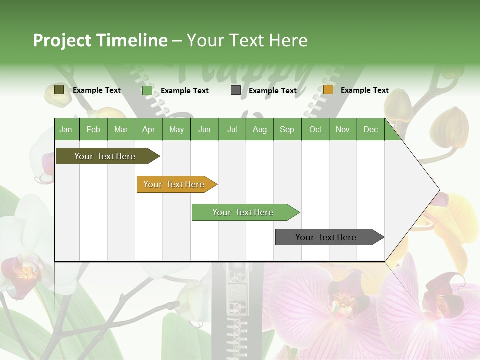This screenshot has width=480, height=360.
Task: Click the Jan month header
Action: tap(66, 129)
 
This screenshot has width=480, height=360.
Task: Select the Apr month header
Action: tap(148, 129)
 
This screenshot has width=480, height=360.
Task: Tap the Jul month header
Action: tap(232, 129)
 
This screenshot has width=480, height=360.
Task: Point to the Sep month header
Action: tap(287, 129)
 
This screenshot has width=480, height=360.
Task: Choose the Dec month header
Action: tap(370, 129)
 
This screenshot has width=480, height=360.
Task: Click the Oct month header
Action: tap(315, 129)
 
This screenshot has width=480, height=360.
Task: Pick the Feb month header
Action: tap(93, 129)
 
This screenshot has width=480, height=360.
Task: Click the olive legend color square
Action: tap(59, 90)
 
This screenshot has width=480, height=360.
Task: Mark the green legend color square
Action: tap(147, 90)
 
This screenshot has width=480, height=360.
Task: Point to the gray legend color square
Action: tap(236, 90)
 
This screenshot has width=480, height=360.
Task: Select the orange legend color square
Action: tap(328, 90)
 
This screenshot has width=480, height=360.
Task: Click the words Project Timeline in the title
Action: tap(100, 40)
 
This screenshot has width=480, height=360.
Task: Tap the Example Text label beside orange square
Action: tap(364, 90)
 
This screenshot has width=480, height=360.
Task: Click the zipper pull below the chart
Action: tap(235, 290)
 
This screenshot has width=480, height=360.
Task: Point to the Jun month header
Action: tap(204, 129)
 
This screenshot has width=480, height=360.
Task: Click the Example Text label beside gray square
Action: tap(272, 91)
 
